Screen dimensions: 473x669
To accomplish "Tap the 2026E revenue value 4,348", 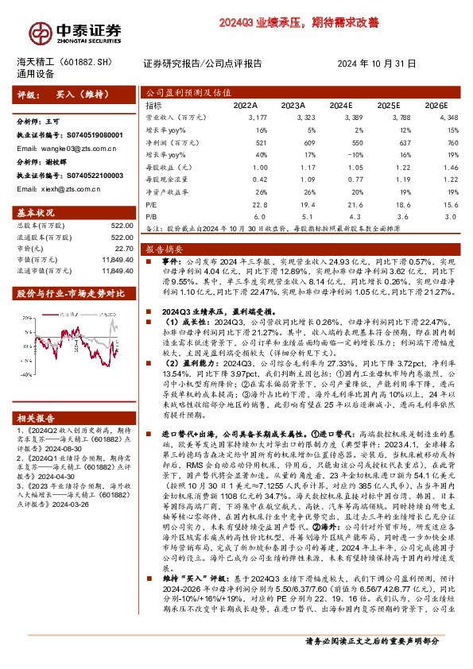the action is [448, 116].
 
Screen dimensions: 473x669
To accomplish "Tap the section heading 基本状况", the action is [36, 214].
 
